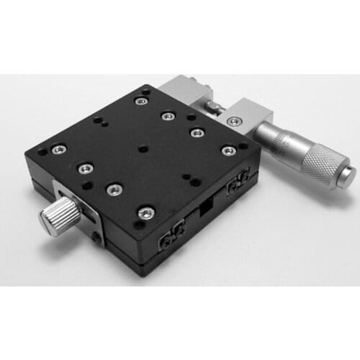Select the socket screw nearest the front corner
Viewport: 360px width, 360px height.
146,212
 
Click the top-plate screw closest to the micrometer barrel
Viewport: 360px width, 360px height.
228,150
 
